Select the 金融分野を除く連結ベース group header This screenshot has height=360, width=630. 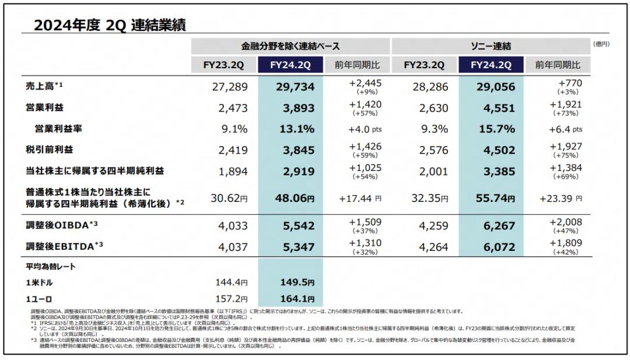pos(290,46)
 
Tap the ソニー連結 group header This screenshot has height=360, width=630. pos(491,46)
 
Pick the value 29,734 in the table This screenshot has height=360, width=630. pos(295,87)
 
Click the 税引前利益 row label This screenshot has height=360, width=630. pos(51,150)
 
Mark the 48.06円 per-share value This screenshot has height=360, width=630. pos(294,198)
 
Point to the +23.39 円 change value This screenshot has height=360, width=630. pos(560,198)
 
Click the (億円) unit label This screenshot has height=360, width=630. pos(601,44)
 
